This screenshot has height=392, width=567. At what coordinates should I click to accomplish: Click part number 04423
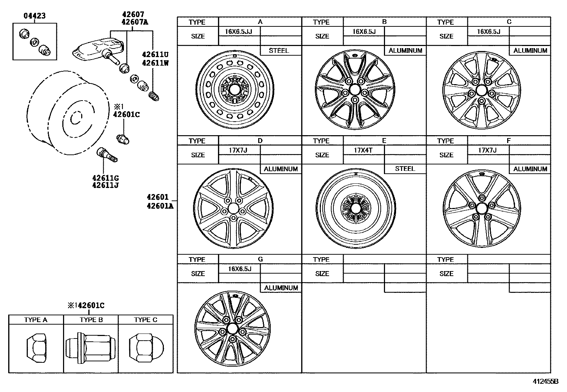click(35, 16)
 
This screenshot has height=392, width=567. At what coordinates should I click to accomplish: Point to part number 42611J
click(105, 185)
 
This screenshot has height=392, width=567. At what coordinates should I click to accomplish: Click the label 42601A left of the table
click(160, 206)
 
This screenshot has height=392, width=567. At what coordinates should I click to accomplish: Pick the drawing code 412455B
click(545, 381)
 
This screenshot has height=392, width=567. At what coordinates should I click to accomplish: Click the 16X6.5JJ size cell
click(238, 31)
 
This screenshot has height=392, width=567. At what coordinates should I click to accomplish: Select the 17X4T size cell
click(363, 150)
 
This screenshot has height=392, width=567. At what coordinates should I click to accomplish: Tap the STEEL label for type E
click(405, 169)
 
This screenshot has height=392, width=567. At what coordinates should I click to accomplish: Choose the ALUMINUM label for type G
click(281, 287)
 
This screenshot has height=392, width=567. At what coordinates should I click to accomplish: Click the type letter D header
click(260, 141)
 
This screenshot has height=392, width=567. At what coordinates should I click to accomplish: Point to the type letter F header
click(509, 141)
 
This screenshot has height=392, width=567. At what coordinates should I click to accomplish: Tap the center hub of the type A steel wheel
click(234, 89)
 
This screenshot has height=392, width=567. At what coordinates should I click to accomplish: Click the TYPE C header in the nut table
click(145, 320)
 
